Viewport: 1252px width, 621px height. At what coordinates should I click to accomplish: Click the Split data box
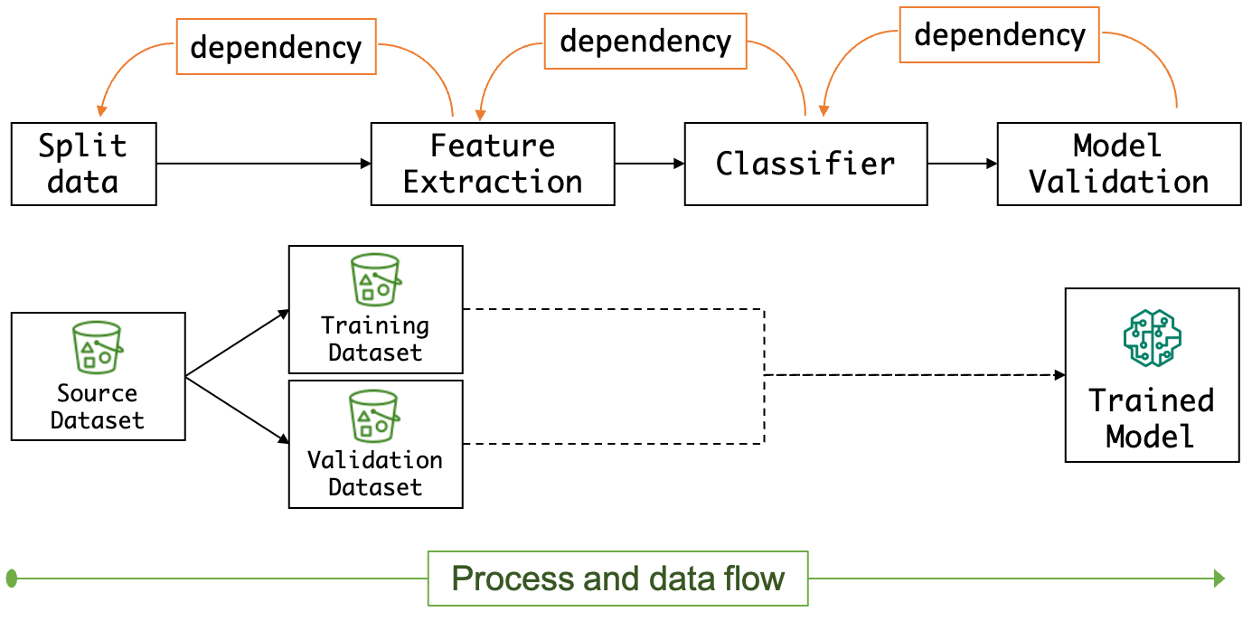(83, 164)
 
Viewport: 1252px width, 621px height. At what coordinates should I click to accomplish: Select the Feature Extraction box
(493, 164)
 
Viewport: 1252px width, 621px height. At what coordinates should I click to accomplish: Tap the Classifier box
(805, 164)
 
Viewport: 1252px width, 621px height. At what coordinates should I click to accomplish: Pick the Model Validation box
(1118, 164)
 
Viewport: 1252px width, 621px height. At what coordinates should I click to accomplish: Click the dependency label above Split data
(276, 46)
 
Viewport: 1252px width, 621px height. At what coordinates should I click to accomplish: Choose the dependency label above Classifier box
(645, 41)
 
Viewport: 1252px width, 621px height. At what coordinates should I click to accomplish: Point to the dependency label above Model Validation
(999, 34)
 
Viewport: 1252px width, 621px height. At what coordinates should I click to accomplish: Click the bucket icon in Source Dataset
(97, 344)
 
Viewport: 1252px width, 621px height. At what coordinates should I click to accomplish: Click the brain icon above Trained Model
(1152, 338)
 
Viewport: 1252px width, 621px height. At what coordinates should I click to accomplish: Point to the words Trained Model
(1151, 418)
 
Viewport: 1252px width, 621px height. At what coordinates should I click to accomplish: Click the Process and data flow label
(617, 579)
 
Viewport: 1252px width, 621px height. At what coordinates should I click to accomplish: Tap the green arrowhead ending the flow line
(1219, 579)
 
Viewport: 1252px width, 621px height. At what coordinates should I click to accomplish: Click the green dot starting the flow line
(11, 578)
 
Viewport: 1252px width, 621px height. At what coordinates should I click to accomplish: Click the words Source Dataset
(97, 407)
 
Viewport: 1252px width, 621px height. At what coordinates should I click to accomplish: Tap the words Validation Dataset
(374, 474)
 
